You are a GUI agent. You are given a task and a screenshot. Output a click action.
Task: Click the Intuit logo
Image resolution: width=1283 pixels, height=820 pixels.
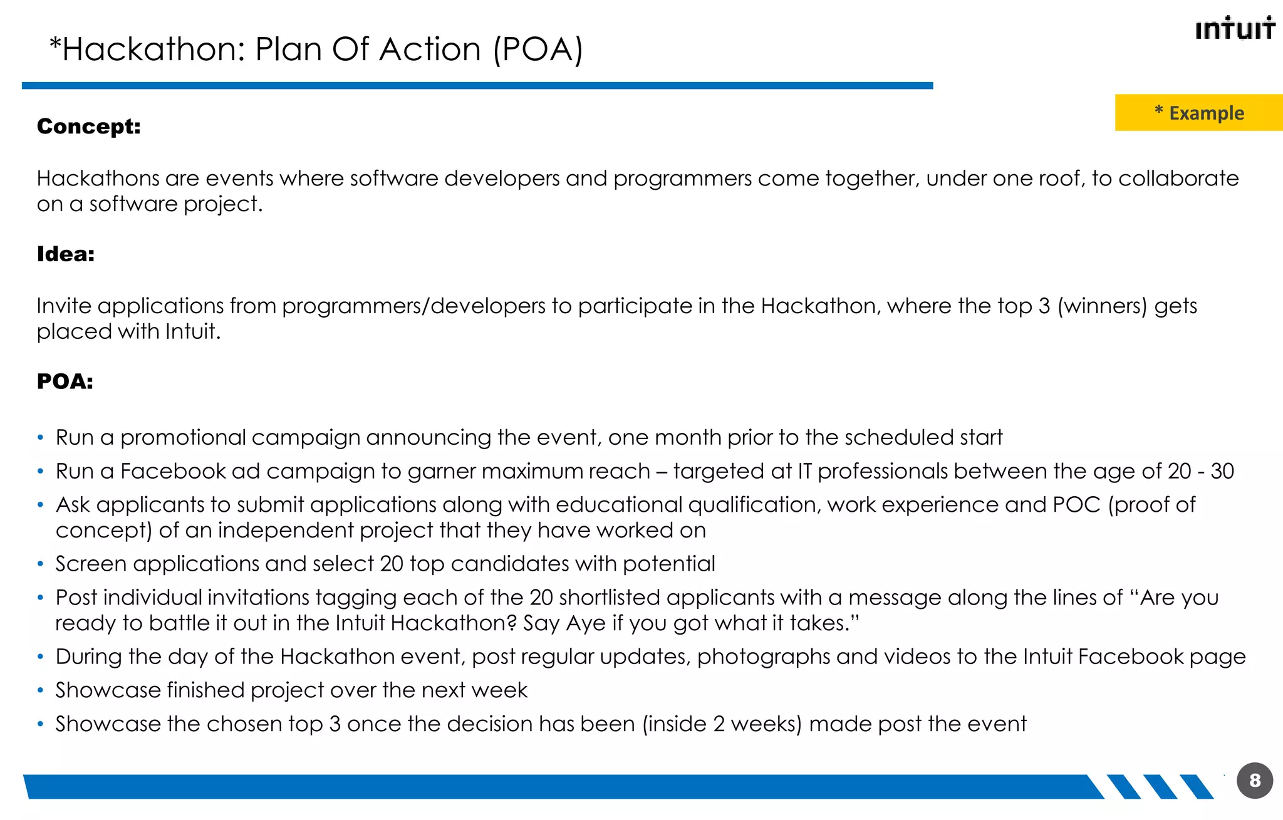pos(1235,28)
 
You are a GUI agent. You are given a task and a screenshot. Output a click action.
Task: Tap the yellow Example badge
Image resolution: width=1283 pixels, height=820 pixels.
pos(1198,113)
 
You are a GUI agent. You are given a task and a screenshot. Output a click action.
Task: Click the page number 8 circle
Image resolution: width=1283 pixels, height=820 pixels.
pos(1255,780)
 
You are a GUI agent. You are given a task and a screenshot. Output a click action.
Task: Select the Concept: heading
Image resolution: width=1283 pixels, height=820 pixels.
pos(89,127)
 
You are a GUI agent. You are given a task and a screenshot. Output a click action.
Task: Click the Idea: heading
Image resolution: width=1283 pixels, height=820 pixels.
pos(66,254)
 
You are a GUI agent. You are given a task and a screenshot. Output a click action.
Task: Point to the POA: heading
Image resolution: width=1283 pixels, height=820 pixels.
pos(65,381)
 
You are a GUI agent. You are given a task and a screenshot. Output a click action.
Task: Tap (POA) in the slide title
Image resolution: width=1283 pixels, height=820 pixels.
pos(538,49)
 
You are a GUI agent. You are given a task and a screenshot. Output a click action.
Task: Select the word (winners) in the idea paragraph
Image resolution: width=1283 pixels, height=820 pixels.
pos(1102,306)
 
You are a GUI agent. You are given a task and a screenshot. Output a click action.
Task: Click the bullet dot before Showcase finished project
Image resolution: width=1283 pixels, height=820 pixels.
pos(41,691)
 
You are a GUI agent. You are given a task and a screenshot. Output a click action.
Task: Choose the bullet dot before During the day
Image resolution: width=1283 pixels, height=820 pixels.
pos(41,657)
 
